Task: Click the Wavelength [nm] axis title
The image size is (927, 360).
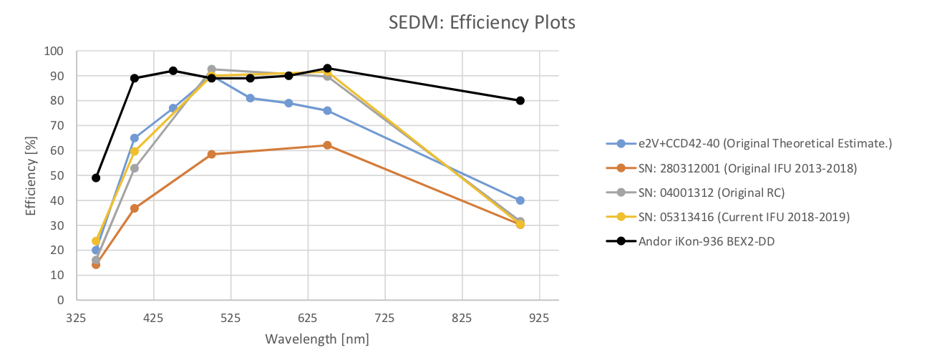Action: point(316,339)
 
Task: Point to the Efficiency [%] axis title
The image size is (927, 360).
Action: point(30,175)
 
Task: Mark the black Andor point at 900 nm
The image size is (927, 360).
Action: point(520,100)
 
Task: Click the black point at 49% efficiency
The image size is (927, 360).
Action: point(96,177)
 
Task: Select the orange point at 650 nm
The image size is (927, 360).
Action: point(327,145)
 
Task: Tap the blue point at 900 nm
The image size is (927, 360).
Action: point(520,200)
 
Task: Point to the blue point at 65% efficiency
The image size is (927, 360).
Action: point(135,138)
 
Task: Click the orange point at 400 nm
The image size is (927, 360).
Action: point(135,208)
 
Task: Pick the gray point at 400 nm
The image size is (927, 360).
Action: point(135,168)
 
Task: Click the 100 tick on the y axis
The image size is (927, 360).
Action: point(54,52)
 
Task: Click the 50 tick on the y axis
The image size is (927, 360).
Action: point(57,175)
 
